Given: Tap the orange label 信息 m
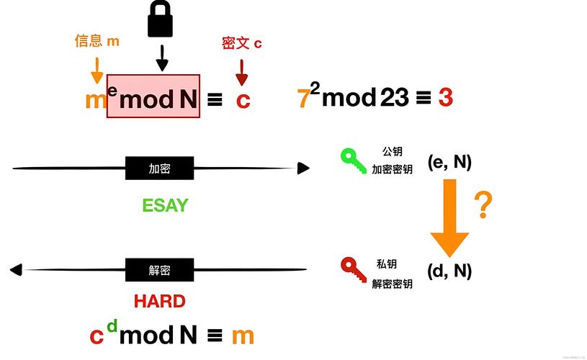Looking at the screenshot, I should click(x=97, y=41).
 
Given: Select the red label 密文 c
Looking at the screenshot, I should click(x=241, y=43).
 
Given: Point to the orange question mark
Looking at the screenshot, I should click(x=483, y=205).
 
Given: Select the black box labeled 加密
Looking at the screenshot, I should click(x=160, y=168).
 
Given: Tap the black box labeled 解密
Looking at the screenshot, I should click(x=160, y=270).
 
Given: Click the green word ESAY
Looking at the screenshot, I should click(x=165, y=205).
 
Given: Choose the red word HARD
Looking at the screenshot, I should click(x=160, y=301).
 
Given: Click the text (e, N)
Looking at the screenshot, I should click(x=449, y=162).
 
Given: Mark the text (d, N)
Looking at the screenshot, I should click(x=449, y=271).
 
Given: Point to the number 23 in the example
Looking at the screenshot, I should click(x=395, y=97).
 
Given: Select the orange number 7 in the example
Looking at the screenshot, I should click(x=303, y=99).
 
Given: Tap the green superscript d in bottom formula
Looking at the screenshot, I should click(x=112, y=327).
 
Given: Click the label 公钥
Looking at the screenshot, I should click(x=392, y=152).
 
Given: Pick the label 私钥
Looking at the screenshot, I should click(x=387, y=264).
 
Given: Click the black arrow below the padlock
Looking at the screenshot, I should click(x=162, y=58).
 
